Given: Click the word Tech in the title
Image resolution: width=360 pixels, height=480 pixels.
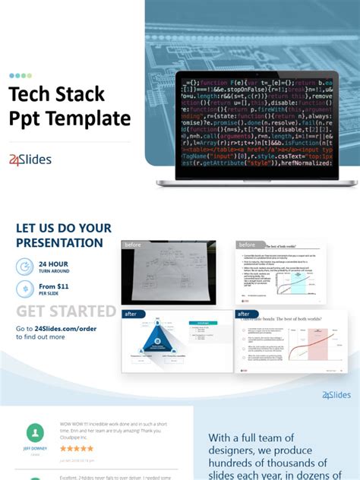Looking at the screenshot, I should point(31,94).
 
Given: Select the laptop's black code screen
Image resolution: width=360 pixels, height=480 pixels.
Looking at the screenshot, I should point(256,125).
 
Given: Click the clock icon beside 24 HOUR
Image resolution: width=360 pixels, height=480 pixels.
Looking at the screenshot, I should point(25,266).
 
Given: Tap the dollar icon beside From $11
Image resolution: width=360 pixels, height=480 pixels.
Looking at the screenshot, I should point(25,289).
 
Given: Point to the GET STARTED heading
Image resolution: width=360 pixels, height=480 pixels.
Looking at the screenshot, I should point(66,311).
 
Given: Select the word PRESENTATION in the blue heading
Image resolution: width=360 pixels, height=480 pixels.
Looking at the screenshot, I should point(59,243).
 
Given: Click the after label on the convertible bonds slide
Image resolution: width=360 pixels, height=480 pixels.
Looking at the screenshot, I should point(244,314).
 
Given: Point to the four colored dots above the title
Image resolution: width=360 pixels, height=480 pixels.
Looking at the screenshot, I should point(21,76).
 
